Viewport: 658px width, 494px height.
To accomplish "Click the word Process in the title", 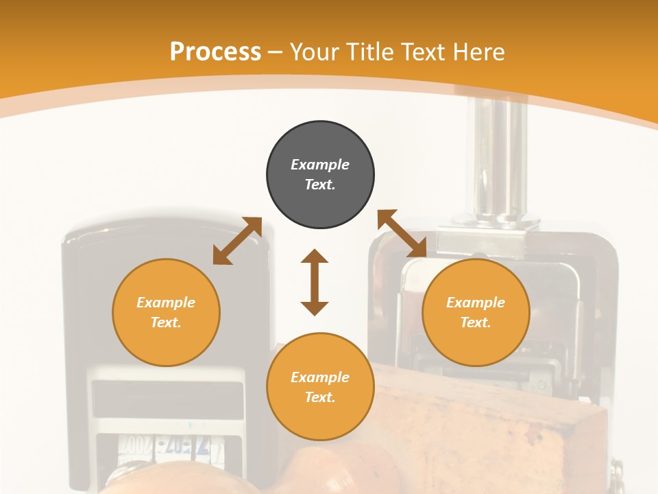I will (x=215, y=52).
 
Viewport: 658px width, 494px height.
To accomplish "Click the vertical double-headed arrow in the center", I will (x=315, y=282).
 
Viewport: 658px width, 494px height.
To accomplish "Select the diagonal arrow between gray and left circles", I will (x=237, y=240).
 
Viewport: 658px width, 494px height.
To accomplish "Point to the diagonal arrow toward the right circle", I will (x=402, y=234).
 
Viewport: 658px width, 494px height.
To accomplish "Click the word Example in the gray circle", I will (x=320, y=165).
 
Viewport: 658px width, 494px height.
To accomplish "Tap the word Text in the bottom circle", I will (x=319, y=397).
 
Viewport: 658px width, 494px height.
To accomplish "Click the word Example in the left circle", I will (x=166, y=303).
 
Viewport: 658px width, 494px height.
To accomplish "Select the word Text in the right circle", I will (x=475, y=322).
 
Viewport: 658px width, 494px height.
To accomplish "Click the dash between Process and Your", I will (x=276, y=52).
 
